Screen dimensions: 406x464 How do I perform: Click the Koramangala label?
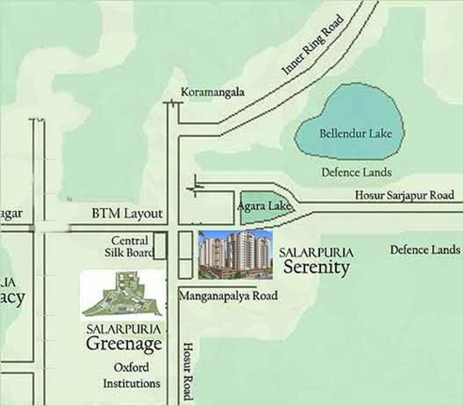coord(213,92)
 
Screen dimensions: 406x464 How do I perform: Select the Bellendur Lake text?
coord(356,134)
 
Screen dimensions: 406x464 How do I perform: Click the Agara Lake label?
coord(264,206)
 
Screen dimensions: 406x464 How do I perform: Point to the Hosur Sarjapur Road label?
coord(404,195)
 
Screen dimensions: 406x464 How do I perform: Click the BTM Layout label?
coord(127,213)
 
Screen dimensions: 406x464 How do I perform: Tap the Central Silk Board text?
coord(132,246)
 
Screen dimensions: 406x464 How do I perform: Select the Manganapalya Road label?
coord(229,296)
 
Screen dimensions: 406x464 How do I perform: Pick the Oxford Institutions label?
coord(132,375)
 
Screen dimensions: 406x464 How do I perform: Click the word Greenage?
coord(124,344)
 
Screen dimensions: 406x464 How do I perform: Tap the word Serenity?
coord(316,267)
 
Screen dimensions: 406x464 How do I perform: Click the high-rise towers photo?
coord(235,254)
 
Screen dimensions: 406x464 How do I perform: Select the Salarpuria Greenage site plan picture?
coord(122,294)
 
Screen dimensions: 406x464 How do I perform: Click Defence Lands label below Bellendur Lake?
coord(356,172)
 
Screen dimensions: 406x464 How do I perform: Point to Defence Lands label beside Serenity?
coord(425,250)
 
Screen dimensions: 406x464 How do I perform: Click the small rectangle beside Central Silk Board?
coord(160,245)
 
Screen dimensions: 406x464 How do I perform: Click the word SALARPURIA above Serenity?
coord(316,253)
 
